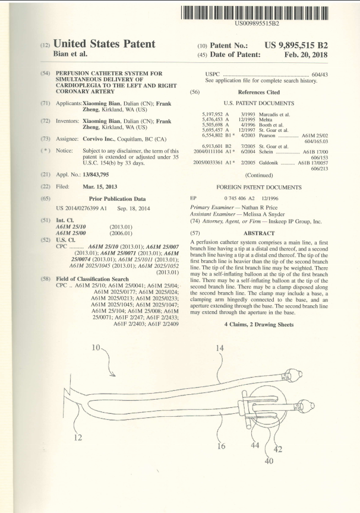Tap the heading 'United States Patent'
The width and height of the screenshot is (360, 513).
pos(105,44)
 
